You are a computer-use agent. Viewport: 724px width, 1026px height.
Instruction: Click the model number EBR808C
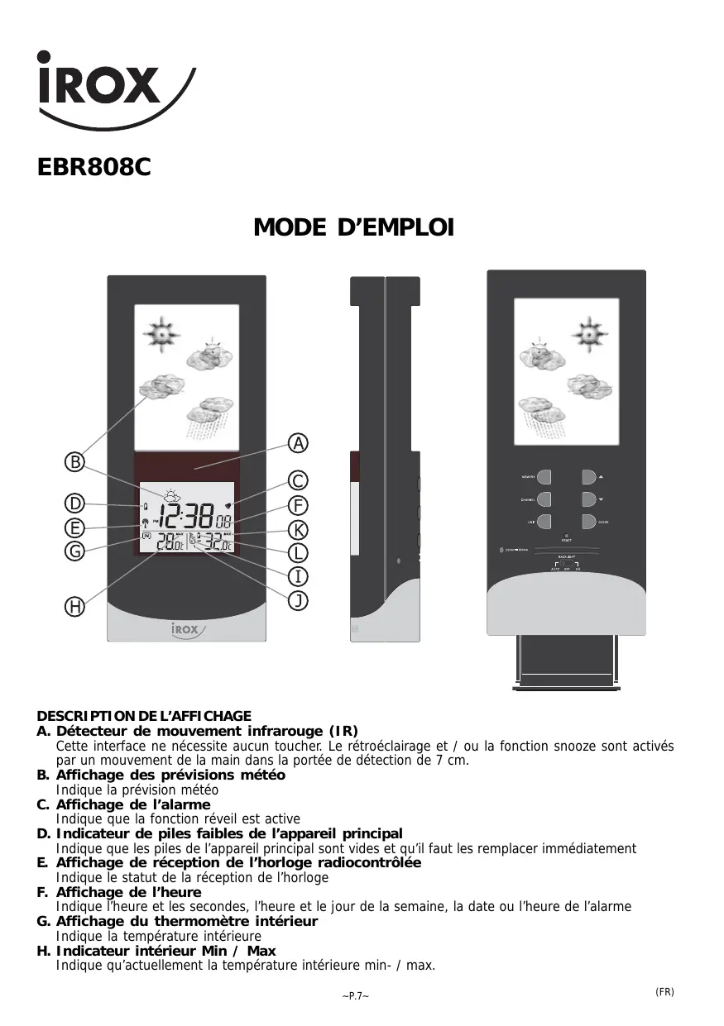94,168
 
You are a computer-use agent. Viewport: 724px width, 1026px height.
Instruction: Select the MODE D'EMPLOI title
353,227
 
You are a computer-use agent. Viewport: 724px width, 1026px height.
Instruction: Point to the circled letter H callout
75,607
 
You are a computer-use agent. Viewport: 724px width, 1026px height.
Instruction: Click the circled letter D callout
75,503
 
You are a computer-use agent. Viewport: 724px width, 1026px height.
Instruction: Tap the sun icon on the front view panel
161,334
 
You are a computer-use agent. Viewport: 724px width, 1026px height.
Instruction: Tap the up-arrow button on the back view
589,477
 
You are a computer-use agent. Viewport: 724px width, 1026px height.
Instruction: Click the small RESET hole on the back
567,536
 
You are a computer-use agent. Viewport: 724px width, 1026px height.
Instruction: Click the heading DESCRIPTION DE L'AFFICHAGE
144,716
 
